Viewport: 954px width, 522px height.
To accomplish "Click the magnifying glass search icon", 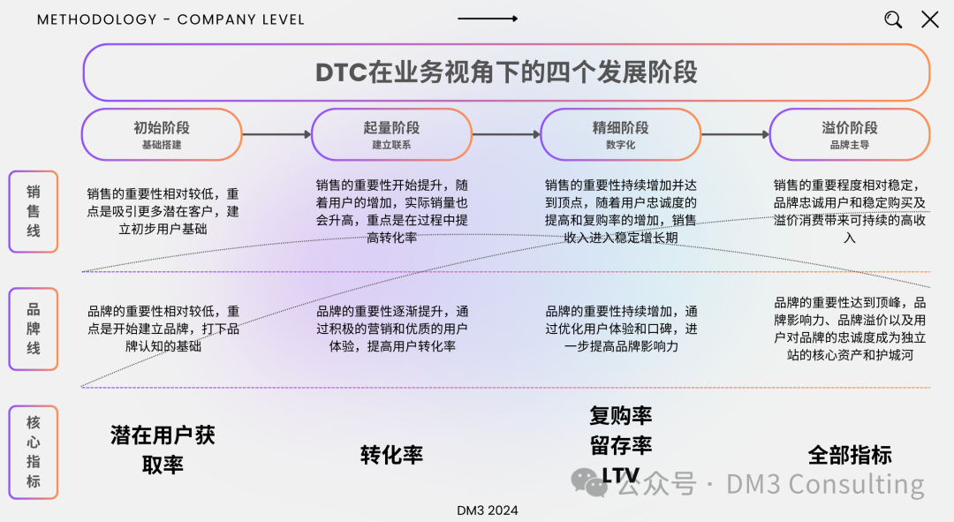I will pos(893,19).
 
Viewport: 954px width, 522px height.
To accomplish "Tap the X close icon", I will pos(930,19).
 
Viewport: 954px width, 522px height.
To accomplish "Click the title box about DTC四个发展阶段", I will pos(506,72).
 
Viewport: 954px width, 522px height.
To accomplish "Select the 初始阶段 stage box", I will pos(162,134).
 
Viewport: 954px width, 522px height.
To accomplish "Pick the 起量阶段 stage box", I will pos(391,134).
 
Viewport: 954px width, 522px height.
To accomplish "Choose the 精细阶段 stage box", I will pos(620,134).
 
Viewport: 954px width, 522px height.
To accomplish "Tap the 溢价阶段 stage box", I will pos(849,134).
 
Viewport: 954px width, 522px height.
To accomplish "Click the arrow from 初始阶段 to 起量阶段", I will pos(276,135).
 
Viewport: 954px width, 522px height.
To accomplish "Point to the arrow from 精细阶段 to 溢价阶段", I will pos(735,135).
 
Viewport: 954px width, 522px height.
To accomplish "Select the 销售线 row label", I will pos(34,212).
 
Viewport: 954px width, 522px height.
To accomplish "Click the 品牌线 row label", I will pos(34,329).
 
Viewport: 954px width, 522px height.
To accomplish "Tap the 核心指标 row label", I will pos(34,452).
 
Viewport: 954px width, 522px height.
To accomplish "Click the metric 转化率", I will pos(391,455).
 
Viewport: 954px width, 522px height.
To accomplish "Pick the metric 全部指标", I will pos(850,455).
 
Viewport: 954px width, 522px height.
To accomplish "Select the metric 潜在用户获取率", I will pos(163,450).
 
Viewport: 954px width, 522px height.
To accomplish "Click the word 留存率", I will pos(620,445).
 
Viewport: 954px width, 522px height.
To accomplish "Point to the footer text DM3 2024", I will pos(488,511).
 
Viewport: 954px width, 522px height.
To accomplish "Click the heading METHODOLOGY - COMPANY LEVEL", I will pos(170,19).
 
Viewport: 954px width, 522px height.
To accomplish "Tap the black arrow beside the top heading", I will pos(488,19).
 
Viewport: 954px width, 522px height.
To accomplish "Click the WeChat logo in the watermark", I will pos(589,481).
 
